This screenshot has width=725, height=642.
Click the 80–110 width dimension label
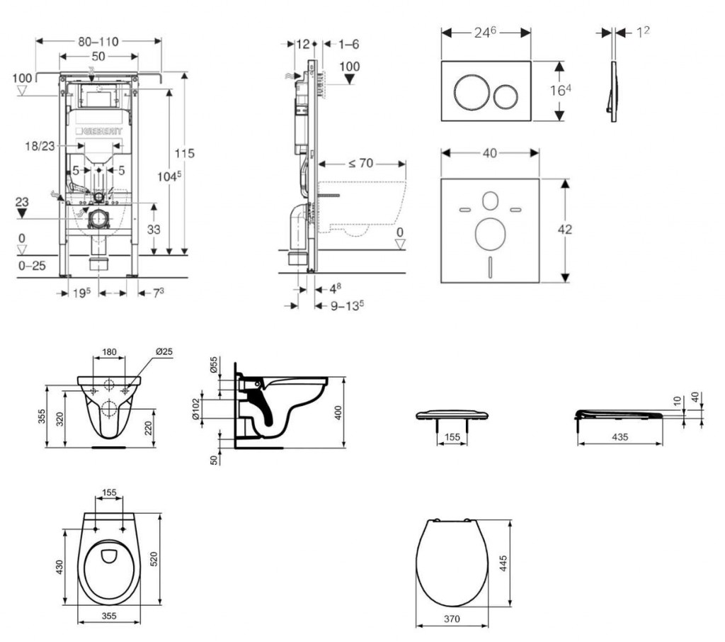[98, 41]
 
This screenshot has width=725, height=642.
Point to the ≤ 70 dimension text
[360, 163]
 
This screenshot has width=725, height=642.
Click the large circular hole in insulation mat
[489, 235]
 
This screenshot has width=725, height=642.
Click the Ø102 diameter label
[196, 409]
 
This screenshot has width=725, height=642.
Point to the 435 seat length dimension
[620, 437]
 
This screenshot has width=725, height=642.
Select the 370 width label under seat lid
[452, 619]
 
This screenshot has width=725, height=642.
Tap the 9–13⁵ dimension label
[347, 305]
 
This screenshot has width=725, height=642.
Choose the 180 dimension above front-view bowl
[109, 351]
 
